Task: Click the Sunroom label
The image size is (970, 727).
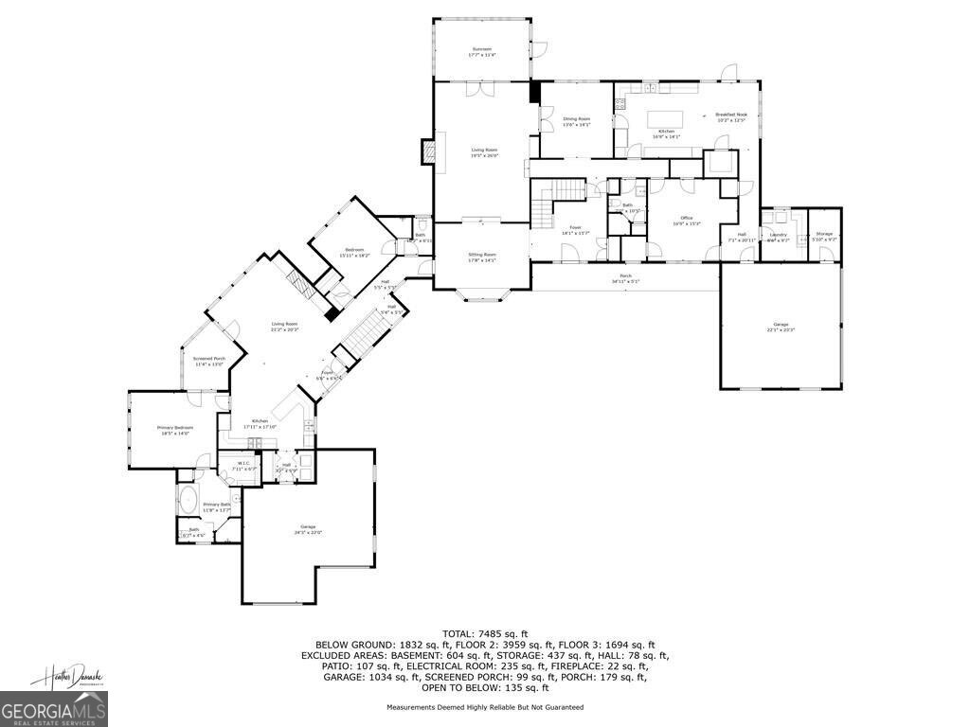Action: pyautogui.click(x=481, y=51)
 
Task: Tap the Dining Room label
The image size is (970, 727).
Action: pyautogui.click(x=576, y=121)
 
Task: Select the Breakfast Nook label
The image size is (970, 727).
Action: pyautogui.click(x=731, y=117)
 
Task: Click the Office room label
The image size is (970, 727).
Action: pyautogui.click(x=686, y=221)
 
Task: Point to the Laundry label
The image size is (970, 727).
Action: pyautogui.click(x=778, y=237)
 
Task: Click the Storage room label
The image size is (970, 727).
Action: pyautogui.click(x=824, y=236)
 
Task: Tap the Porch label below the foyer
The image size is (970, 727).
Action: pyautogui.click(x=625, y=278)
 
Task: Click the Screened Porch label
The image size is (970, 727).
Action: pyautogui.click(x=208, y=361)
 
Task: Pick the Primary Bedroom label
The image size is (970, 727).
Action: pyautogui.click(x=174, y=430)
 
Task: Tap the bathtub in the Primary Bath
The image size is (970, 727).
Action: pyautogui.click(x=189, y=501)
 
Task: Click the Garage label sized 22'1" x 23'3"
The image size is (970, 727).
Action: pyautogui.click(x=781, y=327)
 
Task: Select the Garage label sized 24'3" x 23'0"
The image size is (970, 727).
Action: pyautogui.click(x=307, y=528)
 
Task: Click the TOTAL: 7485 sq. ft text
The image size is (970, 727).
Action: pyautogui.click(x=485, y=632)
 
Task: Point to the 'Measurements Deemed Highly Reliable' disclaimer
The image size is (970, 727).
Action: pyautogui.click(x=485, y=707)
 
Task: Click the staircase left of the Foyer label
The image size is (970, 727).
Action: pyautogui.click(x=542, y=207)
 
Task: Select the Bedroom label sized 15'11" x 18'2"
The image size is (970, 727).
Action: pyautogui.click(x=353, y=252)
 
